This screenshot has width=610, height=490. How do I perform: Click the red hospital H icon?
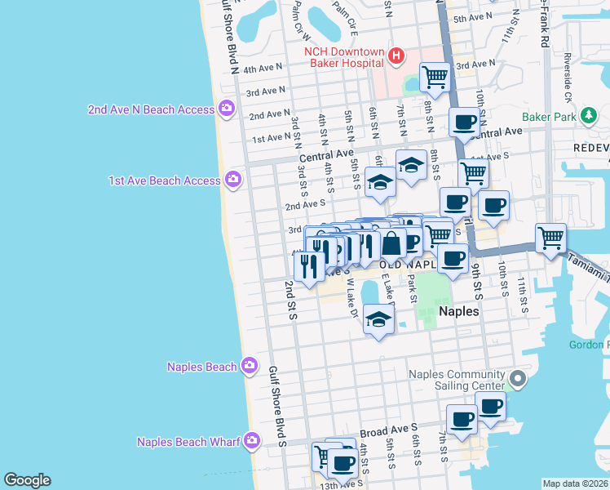(396, 56)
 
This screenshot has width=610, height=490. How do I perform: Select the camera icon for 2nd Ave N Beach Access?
(227, 109)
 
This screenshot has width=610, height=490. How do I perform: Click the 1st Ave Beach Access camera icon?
(233, 179)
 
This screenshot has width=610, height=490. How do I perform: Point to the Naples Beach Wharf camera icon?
(252, 442)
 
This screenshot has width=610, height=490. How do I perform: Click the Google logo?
(27, 480)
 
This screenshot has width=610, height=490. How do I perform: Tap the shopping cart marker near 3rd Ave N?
(435, 78)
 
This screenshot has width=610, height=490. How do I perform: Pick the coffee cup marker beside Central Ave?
(465, 122)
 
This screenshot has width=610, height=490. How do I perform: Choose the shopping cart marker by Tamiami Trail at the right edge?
(551, 238)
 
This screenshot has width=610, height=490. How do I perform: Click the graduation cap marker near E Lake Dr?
(379, 319)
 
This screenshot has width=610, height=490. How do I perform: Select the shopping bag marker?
(392, 243)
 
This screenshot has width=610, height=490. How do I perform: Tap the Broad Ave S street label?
(388, 428)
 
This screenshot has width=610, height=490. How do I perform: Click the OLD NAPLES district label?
(402, 265)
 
